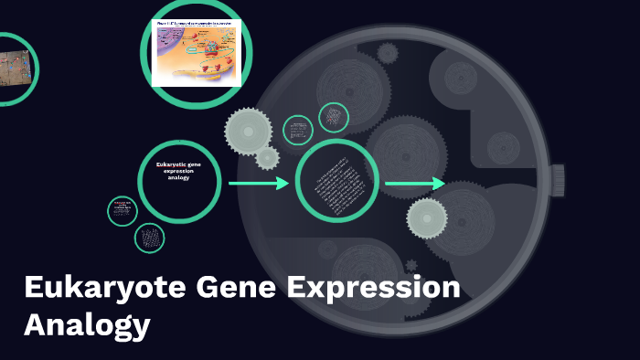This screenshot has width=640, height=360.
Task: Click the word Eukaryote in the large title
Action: click(103, 289)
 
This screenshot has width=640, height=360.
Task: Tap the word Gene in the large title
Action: click(233, 289)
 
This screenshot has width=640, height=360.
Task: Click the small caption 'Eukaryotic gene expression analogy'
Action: click(178, 171)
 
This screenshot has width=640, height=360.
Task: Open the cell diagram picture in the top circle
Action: click(196, 54)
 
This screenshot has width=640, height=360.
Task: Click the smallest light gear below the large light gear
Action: click(267, 158)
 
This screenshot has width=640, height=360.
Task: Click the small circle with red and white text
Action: click(122, 211)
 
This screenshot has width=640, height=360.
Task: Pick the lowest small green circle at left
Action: click(149, 238)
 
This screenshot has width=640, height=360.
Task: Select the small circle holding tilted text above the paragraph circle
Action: click(333, 117)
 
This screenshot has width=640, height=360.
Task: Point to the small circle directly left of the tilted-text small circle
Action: click(298, 130)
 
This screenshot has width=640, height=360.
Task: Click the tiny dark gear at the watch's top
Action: click(388, 53)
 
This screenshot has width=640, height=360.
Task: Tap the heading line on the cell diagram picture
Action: click(196, 25)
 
